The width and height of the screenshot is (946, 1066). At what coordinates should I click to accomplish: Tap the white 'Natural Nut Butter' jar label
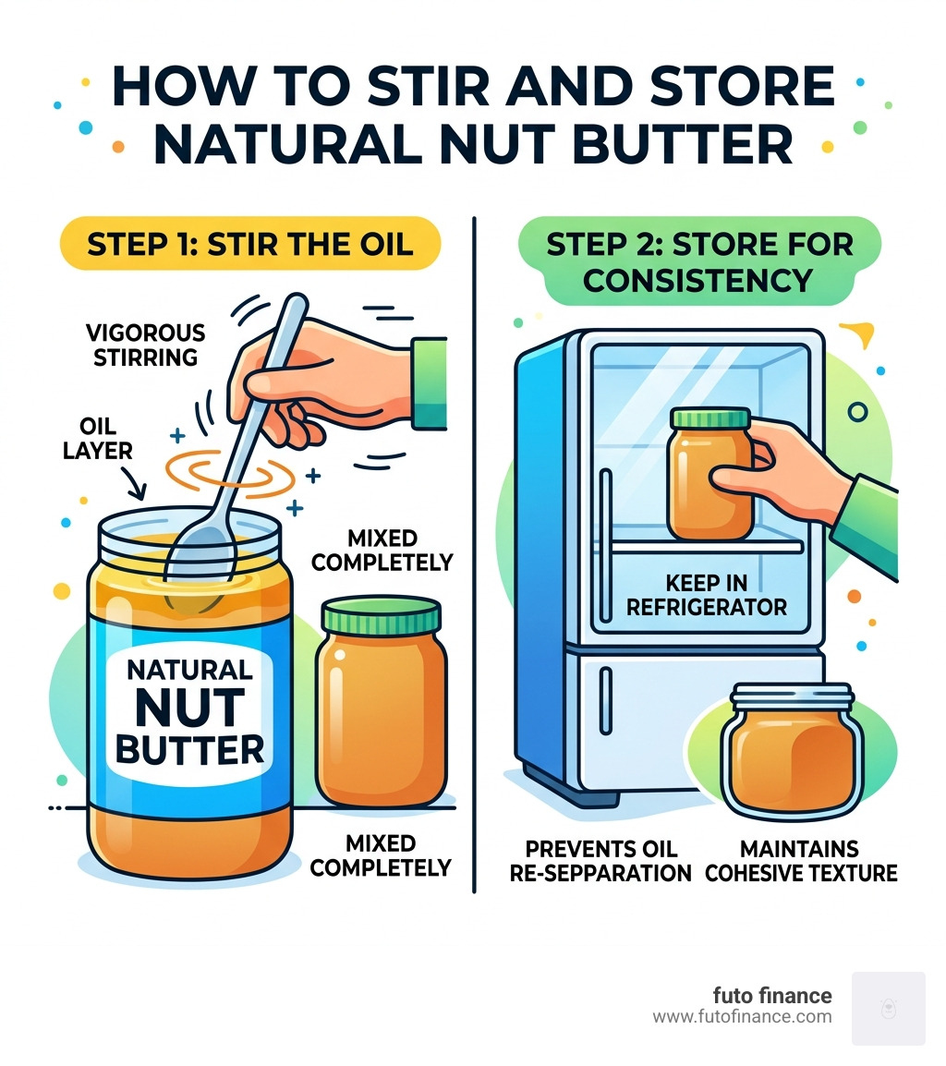tap(188, 710)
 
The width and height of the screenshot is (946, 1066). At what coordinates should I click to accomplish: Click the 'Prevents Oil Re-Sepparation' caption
tap(600, 860)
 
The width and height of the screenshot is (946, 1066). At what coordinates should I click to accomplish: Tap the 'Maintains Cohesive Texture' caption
tap(800, 860)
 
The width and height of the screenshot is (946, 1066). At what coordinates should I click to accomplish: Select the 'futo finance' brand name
tap(771, 996)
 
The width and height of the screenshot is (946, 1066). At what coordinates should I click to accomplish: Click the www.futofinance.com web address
tap(742, 1017)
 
